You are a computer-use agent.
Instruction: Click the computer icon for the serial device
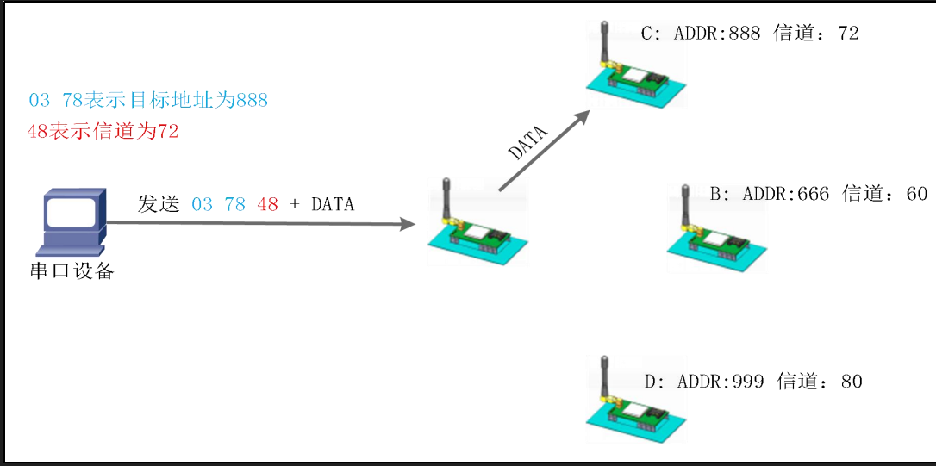(73, 221)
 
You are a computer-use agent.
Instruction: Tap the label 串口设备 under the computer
(72, 272)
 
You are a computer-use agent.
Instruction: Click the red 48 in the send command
(267, 205)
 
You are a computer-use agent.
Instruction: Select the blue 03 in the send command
(202, 205)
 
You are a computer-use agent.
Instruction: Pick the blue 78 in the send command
(234, 205)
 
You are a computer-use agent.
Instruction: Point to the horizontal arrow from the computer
(259, 224)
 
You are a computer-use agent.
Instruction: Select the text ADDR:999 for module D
(721, 381)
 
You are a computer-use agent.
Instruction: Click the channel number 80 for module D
(851, 381)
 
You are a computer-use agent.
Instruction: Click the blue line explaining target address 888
(148, 101)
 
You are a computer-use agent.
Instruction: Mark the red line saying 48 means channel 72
(103, 132)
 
